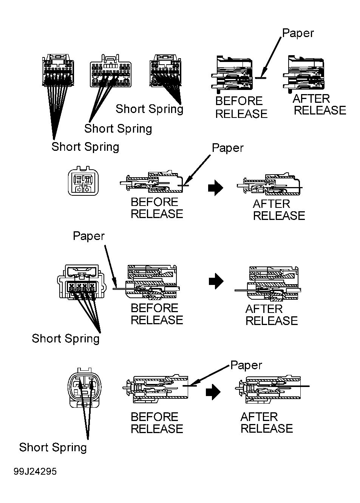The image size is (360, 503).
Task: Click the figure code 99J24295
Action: click(x=35, y=471)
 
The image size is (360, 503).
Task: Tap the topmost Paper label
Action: click(x=298, y=34)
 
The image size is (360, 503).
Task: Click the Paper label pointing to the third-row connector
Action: click(x=89, y=236)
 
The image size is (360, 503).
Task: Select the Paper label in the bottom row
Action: click(x=246, y=365)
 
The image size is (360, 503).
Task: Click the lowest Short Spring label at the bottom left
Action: click(x=53, y=447)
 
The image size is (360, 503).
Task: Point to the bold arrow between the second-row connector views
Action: click(x=215, y=188)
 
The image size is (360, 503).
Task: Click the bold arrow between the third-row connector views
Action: click(x=216, y=281)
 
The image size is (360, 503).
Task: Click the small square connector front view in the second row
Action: click(x=83, y=181)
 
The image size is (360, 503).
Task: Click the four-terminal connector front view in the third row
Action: click(x=82, y=282)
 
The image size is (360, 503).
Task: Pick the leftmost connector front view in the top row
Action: click(x=58, y=70)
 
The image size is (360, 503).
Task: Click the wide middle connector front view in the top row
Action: click(x=111, y=71)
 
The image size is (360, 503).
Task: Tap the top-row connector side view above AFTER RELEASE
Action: click(x=303, y=74)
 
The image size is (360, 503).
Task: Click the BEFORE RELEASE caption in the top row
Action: click(x=241, y=107)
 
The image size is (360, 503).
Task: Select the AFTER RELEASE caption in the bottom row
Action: click(x=267, y=423)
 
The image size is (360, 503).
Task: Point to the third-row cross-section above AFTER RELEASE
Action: click(x=268, y=283)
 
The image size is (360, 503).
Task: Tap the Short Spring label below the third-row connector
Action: click(x=65, y=338)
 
